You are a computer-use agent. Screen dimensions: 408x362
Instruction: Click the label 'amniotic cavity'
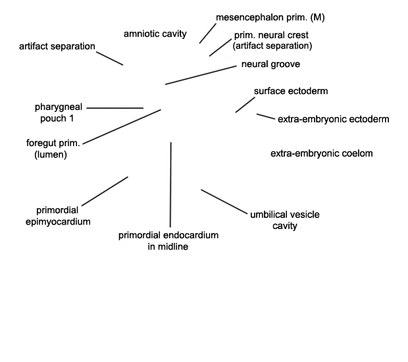(155, 34)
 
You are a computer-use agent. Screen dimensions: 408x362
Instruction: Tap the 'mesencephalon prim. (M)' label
(270, 17)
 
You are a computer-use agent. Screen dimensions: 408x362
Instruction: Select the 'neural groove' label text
(270, 65)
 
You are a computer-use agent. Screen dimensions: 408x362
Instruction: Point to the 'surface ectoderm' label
(291, 91)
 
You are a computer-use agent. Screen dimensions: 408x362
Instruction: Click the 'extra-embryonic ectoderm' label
(334, 119)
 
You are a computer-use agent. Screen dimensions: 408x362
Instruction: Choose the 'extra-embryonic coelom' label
(322, 153)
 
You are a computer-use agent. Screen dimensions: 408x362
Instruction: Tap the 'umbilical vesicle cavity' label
(285, 220)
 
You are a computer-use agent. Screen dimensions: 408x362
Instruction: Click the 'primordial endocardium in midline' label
(168, 241)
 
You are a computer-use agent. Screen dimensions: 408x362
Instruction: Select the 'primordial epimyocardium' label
(58, 216)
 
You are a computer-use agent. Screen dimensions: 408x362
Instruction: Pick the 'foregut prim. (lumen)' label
(53, 149)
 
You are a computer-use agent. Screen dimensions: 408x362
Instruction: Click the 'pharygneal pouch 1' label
(59, 113)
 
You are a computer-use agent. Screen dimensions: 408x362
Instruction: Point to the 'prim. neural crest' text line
(271, 35)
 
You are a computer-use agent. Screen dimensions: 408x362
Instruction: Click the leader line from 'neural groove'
(201, 75)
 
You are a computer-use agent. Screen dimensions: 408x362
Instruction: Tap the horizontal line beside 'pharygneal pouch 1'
(115, 108)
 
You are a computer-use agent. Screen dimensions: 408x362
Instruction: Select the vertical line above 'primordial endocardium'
(170, 184)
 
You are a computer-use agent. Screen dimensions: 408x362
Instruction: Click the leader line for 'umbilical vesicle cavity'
(224, 201)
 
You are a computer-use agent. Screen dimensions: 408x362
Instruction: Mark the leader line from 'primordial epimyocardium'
(105, 191)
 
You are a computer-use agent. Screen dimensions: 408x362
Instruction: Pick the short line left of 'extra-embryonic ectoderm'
(266, 116)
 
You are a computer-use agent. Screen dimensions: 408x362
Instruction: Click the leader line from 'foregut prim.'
(122, 127)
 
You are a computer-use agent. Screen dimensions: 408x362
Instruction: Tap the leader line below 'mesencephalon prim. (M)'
(208, 34)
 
